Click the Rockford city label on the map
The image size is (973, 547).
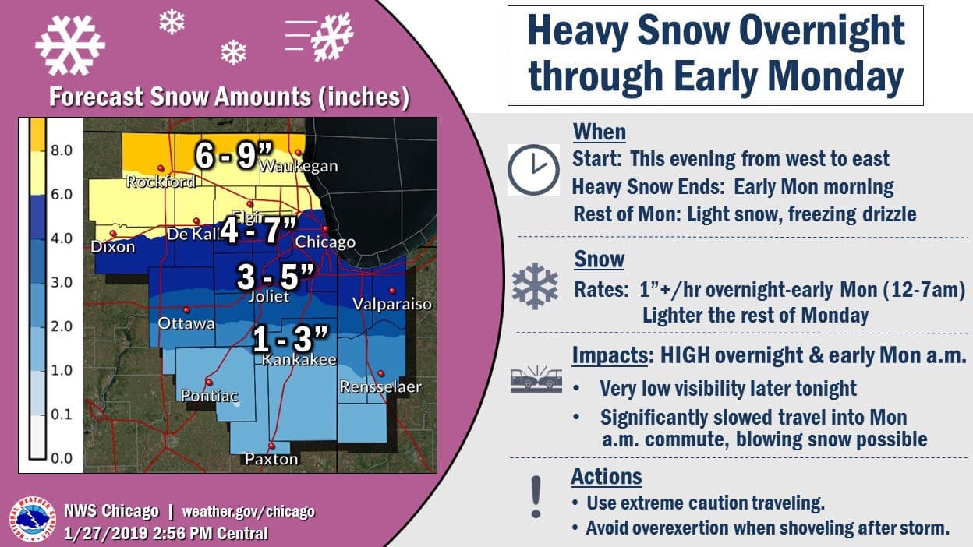point(160,182)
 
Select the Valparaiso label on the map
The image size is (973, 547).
point(392,304)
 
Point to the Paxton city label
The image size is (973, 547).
point(271,459)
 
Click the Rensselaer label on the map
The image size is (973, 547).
point(380,386)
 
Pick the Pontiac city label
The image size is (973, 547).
point(209,396)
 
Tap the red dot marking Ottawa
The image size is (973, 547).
point(186,309)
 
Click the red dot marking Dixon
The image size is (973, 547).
point(113,233)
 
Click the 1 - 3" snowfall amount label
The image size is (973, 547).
point(290,340)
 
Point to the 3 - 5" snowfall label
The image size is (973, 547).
point(276,277)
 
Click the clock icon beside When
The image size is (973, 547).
point(533,169)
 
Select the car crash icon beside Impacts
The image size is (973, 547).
point(535,379)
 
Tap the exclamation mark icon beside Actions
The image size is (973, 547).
point(535,496)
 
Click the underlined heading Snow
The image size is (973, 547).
point(599,259)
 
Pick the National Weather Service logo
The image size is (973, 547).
point(32,521)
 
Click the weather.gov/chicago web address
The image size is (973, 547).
point(248,512)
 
